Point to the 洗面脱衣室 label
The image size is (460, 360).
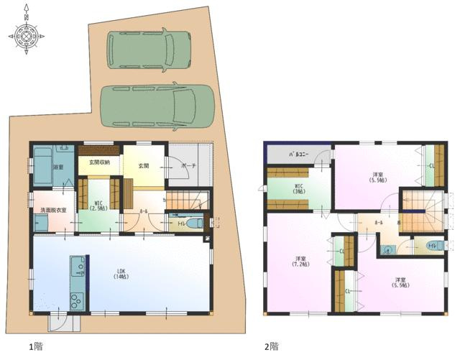(x=52, y=210)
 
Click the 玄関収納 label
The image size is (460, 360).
(x=98, y=162)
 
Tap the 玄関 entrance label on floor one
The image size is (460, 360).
(x=143, y=166)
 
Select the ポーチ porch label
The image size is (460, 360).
(x=189, y=164)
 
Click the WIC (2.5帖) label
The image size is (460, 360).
(x=99, y=206)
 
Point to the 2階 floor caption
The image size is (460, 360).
(x=271, y=346)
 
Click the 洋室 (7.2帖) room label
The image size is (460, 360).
(x=300, y=262)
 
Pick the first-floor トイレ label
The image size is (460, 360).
(x=180, y=224)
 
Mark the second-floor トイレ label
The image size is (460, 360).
(x=431, y=246)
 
